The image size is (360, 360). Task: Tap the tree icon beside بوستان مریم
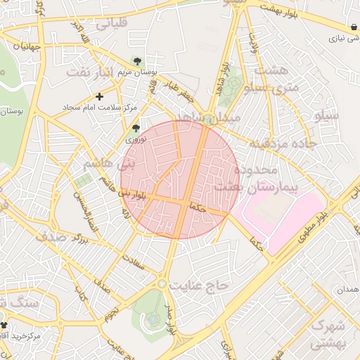tap(136, 61)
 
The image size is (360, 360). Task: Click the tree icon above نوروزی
tap(135, 127)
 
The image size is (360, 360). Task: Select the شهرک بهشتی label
tap(329, 335)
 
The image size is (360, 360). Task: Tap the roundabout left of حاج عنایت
tap(162, 283)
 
